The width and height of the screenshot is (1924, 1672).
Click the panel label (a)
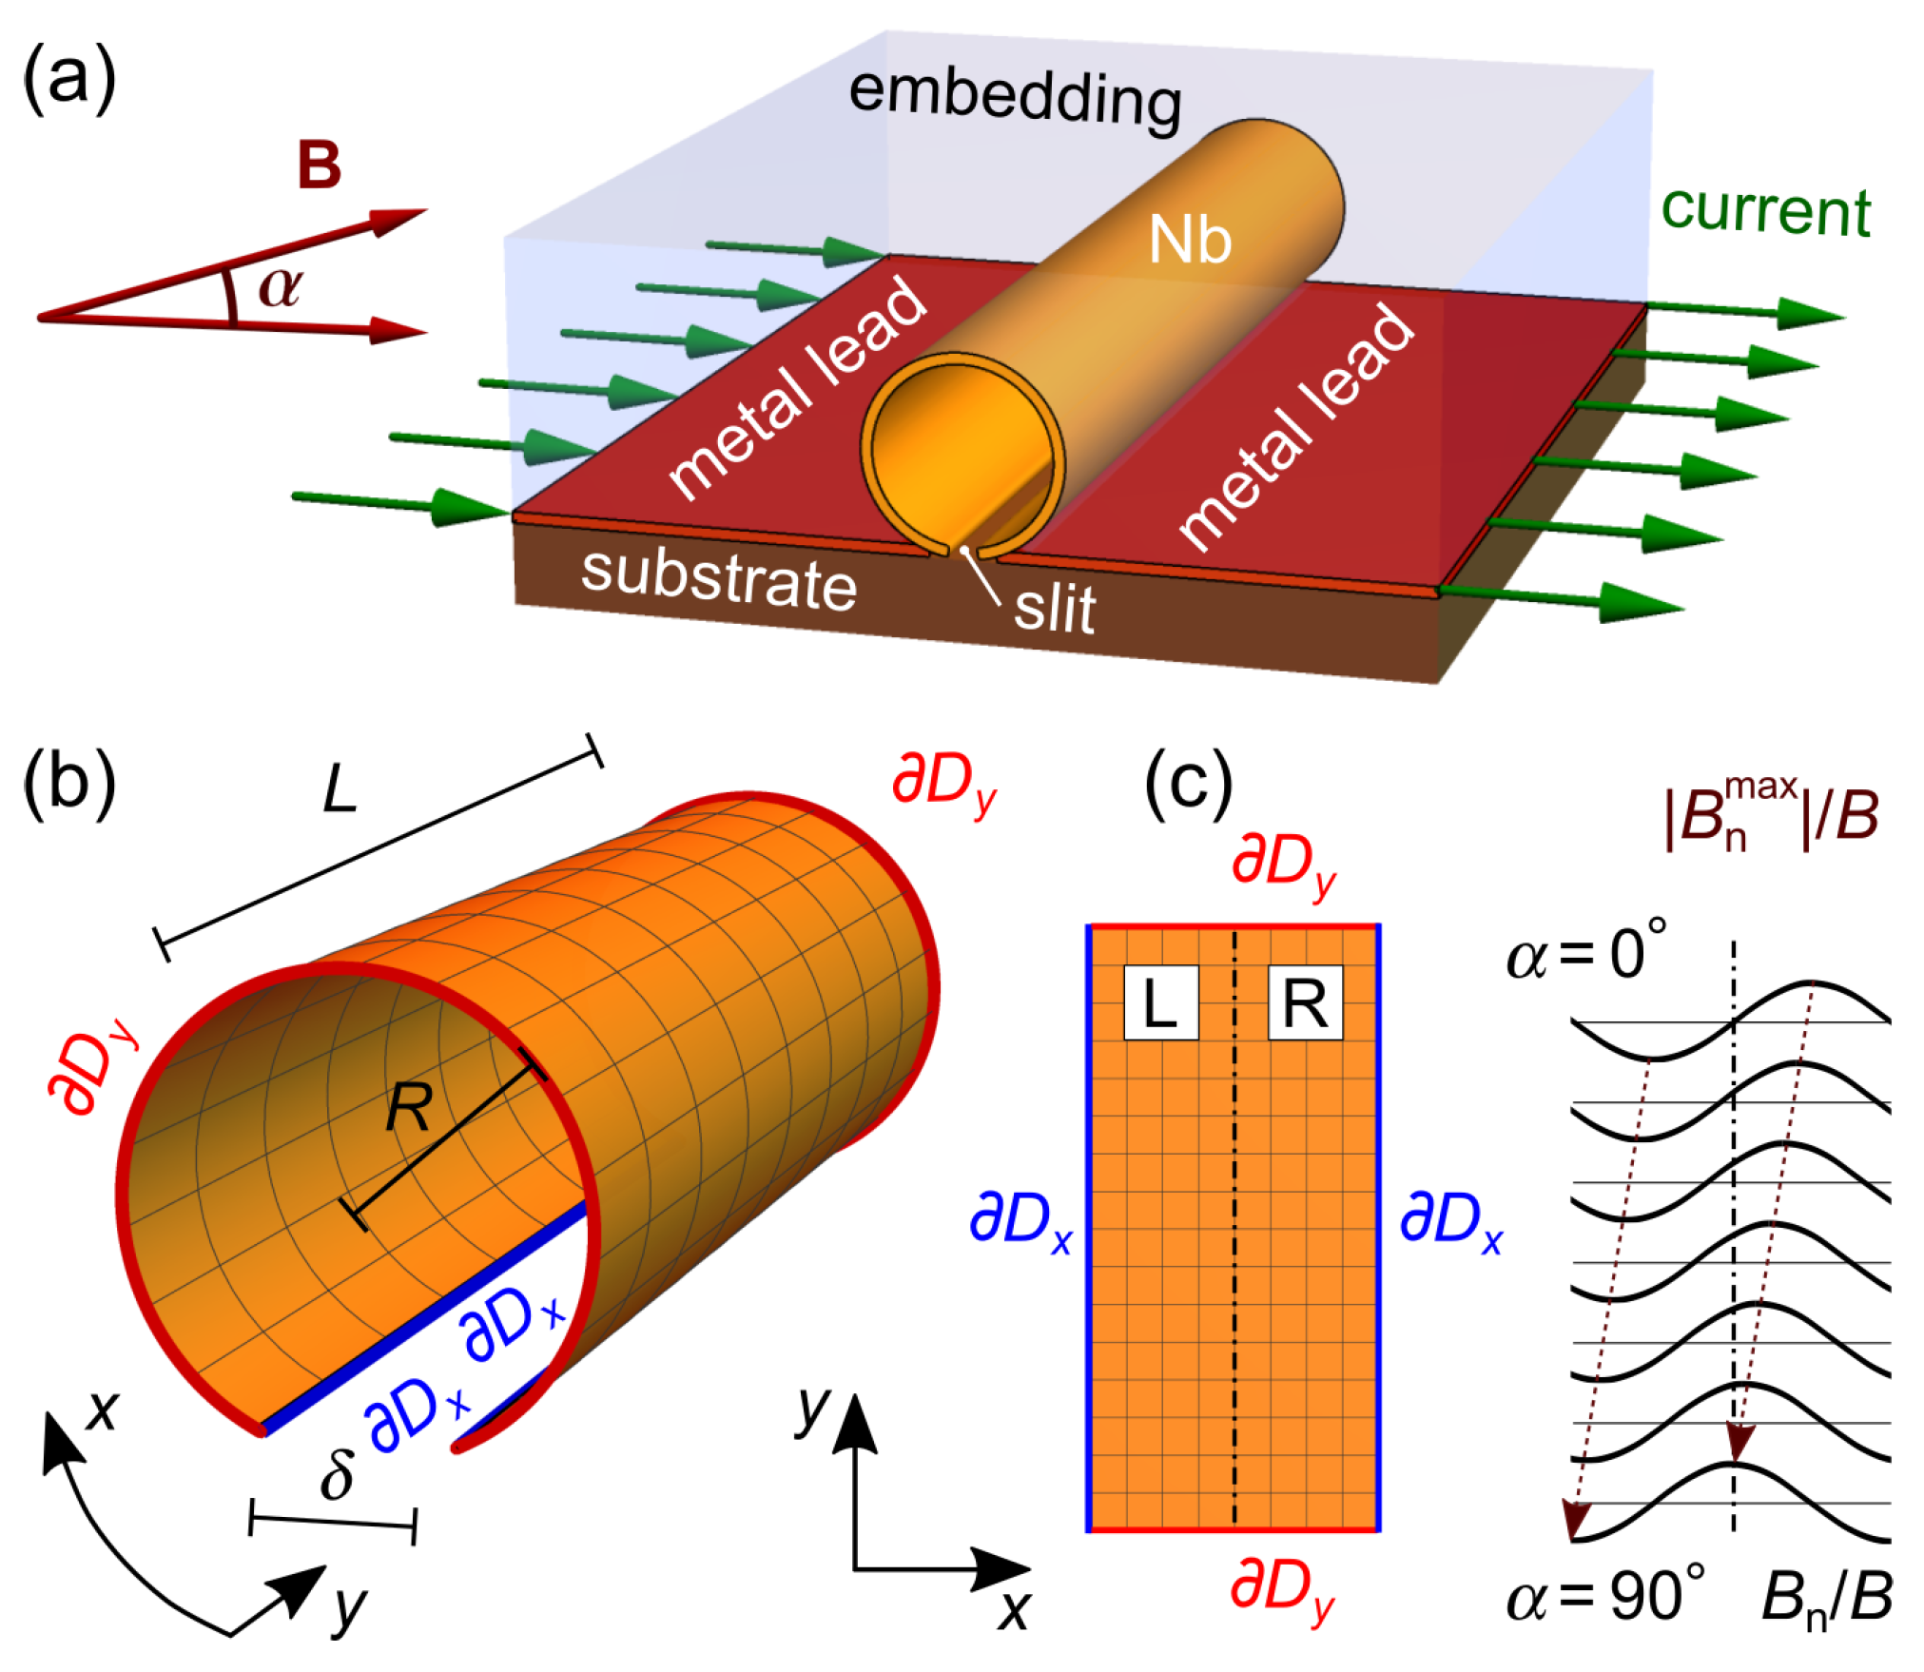pos(69,78)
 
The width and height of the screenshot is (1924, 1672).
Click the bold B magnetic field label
pos(319,165)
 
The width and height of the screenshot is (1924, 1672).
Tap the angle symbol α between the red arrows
pos(281,287)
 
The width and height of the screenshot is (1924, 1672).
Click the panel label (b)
pos(69,783)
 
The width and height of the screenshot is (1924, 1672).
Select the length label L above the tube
pos(340,789)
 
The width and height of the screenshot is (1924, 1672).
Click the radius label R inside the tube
pos(409,1108)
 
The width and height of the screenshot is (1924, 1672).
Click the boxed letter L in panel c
pos(1160,1003)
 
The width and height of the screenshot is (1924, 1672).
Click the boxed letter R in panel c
pos(1305,1003)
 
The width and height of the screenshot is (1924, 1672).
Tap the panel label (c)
pos(1188,783)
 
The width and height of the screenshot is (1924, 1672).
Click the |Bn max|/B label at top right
pos(1771,816)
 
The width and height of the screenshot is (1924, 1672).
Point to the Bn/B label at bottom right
pos(1826,1598)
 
